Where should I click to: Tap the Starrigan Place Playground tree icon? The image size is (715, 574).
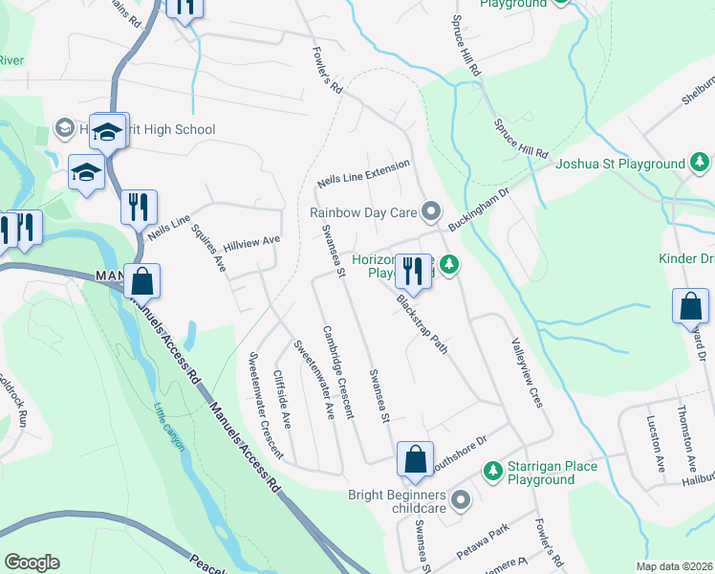(492, 471)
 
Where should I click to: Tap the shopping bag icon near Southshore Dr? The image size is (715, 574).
(416, 460)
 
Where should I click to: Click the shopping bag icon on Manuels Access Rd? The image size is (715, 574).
(141, 282)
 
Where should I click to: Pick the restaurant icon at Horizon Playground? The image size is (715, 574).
(413, 271)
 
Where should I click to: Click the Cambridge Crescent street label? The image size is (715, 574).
(337, 371)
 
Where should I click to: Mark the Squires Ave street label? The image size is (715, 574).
(209, 247)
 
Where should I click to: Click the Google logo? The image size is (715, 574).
(32, 563)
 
